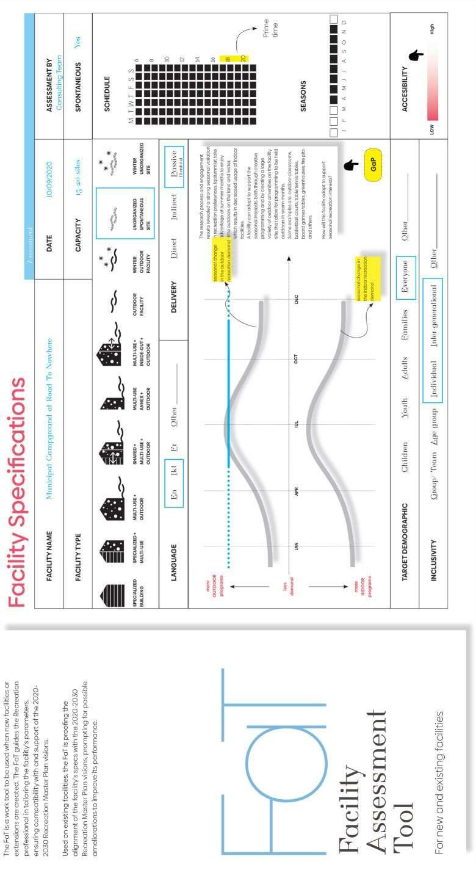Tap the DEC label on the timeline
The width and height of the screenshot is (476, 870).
295,300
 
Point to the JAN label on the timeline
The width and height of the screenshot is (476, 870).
295,546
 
